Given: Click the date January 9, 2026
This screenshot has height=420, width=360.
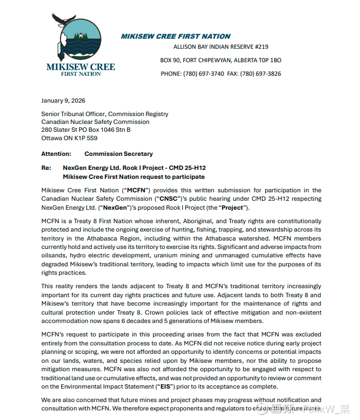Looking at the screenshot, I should click(x=63, y=101).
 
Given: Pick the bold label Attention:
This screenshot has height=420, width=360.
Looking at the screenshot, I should click(x=56, y=154).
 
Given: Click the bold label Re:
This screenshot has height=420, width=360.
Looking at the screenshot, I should click(x=46, y=168).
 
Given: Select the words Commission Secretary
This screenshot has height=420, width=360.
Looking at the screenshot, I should click(x=118, y=154).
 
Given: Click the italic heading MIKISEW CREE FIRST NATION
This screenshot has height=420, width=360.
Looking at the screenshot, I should click(x=176, y=36).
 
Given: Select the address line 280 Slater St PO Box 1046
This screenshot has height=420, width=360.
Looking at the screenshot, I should click(x=86, y=130).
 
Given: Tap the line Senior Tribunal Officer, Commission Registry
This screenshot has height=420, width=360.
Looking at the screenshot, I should click(x=104, y=114).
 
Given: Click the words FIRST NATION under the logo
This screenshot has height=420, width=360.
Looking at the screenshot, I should click(x=81, y=73).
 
